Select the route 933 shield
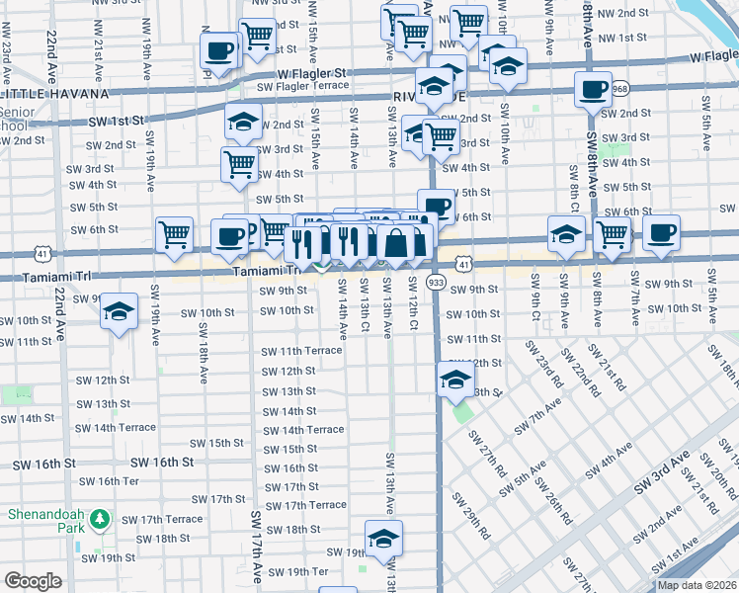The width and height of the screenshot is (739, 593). (436, 283)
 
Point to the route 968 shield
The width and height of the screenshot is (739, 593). (619, 89)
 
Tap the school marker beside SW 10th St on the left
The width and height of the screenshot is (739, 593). (119, 311)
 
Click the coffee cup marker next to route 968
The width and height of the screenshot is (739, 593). (594, 90)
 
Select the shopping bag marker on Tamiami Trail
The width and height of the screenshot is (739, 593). (395, 241)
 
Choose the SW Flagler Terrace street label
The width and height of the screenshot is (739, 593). (302, 86)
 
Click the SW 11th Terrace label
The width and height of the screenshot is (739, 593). (301, 351)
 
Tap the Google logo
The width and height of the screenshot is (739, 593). (33, 581)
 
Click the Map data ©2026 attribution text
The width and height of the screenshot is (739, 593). (697, 585)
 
